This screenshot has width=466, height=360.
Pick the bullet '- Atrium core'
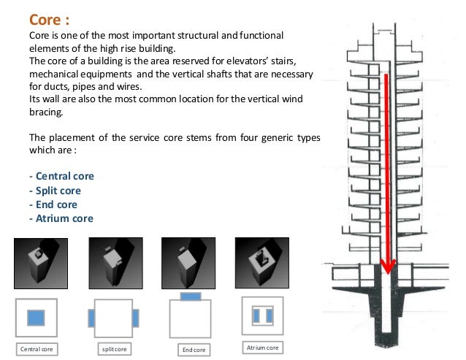[x=61, y=218]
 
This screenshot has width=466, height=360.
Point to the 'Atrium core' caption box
[x=263, y=348]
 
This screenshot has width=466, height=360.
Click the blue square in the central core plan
[x=36, y=318]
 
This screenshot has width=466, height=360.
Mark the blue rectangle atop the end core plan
[x=191, y=296]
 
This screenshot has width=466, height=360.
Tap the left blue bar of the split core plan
[x=91, y=318]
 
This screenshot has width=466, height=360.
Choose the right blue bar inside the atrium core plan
[x=270, y=315]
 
